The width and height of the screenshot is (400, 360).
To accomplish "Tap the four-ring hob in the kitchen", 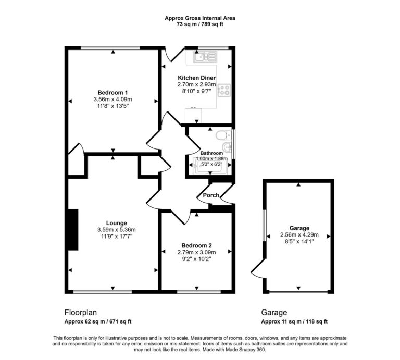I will pos(224,90).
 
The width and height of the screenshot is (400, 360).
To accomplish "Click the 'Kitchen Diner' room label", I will pos(197,78).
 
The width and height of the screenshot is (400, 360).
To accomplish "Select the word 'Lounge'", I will pos(116,223).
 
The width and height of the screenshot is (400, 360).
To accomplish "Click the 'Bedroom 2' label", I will pos(197,245).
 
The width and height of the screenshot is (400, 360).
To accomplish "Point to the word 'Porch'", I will pos(211,196).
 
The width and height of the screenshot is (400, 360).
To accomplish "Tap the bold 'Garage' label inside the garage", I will pos(299,228).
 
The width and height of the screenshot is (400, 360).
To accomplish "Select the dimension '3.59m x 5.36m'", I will pos(116,230).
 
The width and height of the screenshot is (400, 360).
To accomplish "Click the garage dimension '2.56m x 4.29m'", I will pos(299,234).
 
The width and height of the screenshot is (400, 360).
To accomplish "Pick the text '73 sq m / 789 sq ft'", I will pos(200,24).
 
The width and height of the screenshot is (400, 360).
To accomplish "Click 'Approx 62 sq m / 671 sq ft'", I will pos(97,322).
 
